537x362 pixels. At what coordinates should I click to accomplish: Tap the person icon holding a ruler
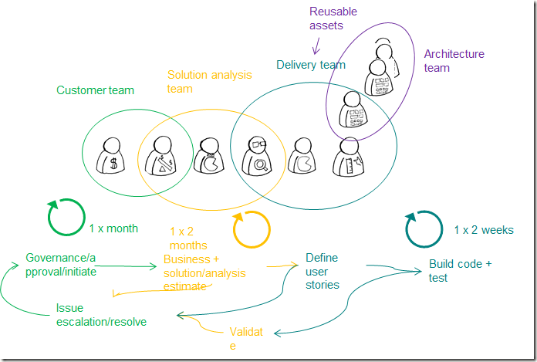point(349,157)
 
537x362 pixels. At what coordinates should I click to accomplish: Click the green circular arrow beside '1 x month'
point(65,217)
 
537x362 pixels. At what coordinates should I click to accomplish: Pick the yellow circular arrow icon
point(252,229)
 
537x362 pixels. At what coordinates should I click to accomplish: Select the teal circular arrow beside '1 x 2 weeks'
point(424,229)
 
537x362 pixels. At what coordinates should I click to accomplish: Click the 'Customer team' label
point(95,90)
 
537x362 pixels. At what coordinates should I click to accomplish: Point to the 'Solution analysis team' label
point(209,81)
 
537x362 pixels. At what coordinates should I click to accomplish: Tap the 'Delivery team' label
point(311,65)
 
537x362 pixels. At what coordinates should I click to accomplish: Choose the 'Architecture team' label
point(454,61)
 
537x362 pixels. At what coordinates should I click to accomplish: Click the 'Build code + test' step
point(460,271)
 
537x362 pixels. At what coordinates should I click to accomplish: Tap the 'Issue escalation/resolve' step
point(100,314)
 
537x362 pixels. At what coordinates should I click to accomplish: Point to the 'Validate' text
point(246,339)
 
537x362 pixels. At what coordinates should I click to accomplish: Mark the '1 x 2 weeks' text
point(483,230)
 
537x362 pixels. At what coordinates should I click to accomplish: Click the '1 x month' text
point(113,228)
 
